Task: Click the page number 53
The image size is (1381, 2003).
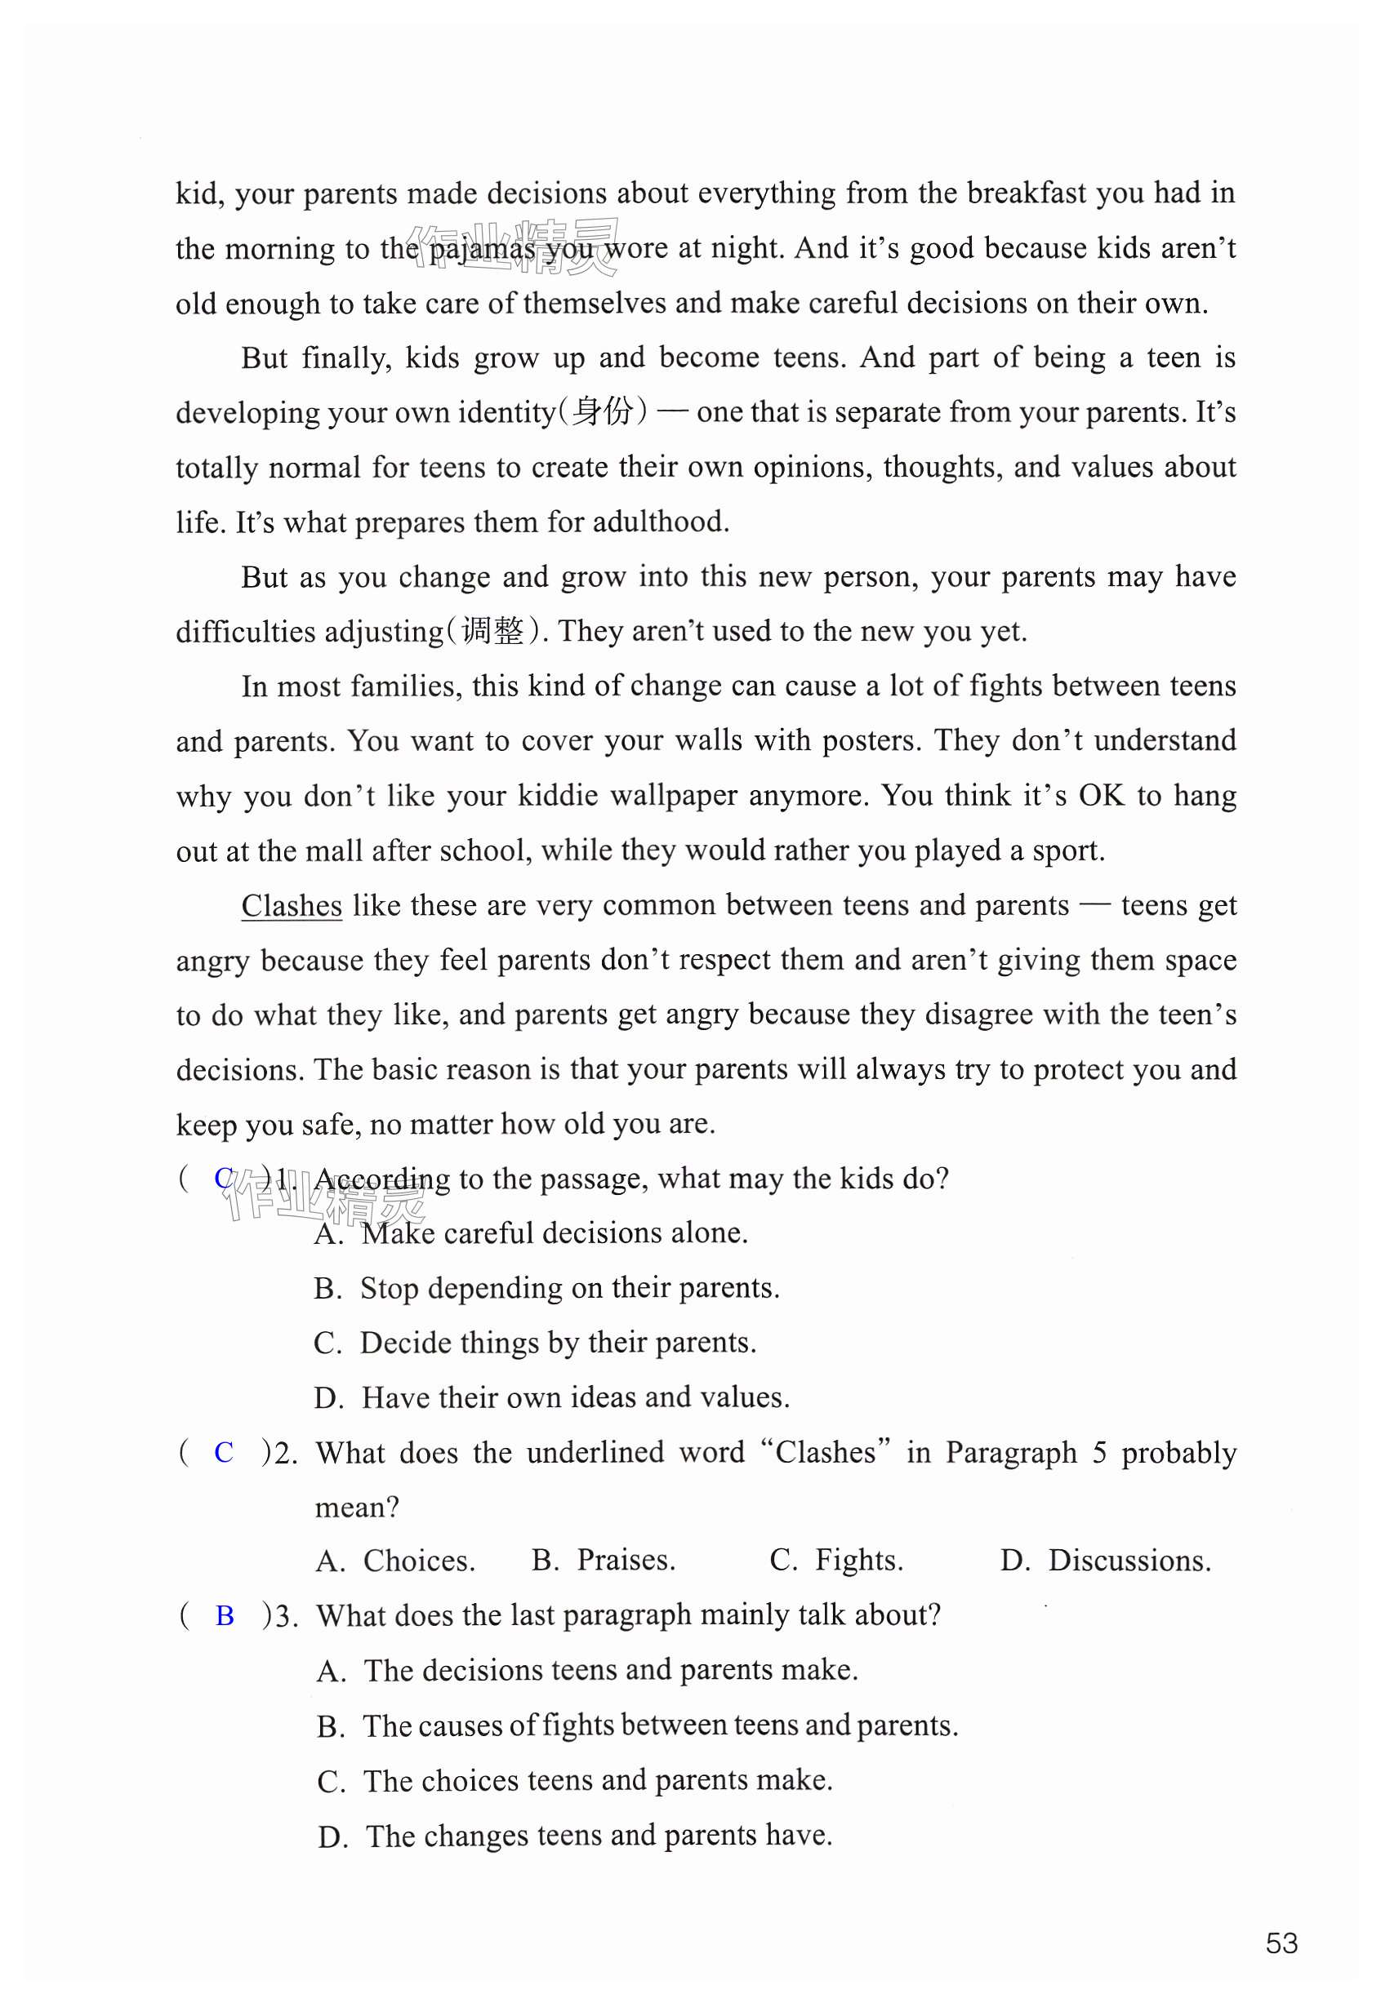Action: (1281, 1943)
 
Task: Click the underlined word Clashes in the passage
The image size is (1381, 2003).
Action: (292, 905)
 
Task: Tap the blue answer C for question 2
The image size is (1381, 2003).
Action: (223, 1452)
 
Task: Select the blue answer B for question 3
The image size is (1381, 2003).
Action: (224, 1615)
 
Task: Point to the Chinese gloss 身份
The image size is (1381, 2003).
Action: (602, 411)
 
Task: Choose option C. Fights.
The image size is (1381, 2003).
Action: (836, 1560)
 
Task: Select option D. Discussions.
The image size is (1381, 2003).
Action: (1105, 1560)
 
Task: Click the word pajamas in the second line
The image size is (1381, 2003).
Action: (481, 249)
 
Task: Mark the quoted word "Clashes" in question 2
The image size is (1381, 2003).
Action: (826, 1452)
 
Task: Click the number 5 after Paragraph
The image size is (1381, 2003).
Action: (1099, 1452)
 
